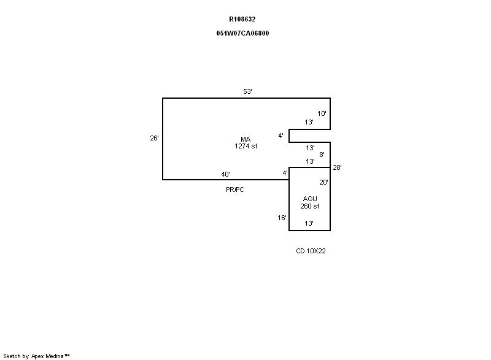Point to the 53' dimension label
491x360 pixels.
(x=248, y=91)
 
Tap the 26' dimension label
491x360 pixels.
(x=155, y=138)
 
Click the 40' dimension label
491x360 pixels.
(x=225, y=174)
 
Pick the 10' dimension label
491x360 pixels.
(x=322, y=113)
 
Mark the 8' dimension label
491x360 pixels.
(x=322, y=155)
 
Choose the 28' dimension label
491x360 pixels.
(x=337, y=167)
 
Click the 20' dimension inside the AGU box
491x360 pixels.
(x=323, y=182)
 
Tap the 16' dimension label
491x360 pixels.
(x=282, y=217)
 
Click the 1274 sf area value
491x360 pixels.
(x=246, y=146)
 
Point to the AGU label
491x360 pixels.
(x=310, y=199)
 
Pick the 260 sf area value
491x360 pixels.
(x=310, y=206)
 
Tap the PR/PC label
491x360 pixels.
(x=235, y=190)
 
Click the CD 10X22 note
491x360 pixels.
(x=311, y=251)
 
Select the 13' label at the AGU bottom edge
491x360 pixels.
(x=310, y=223)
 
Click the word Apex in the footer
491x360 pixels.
(x=39, y=356)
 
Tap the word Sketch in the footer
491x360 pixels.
(x=12, y=356)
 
